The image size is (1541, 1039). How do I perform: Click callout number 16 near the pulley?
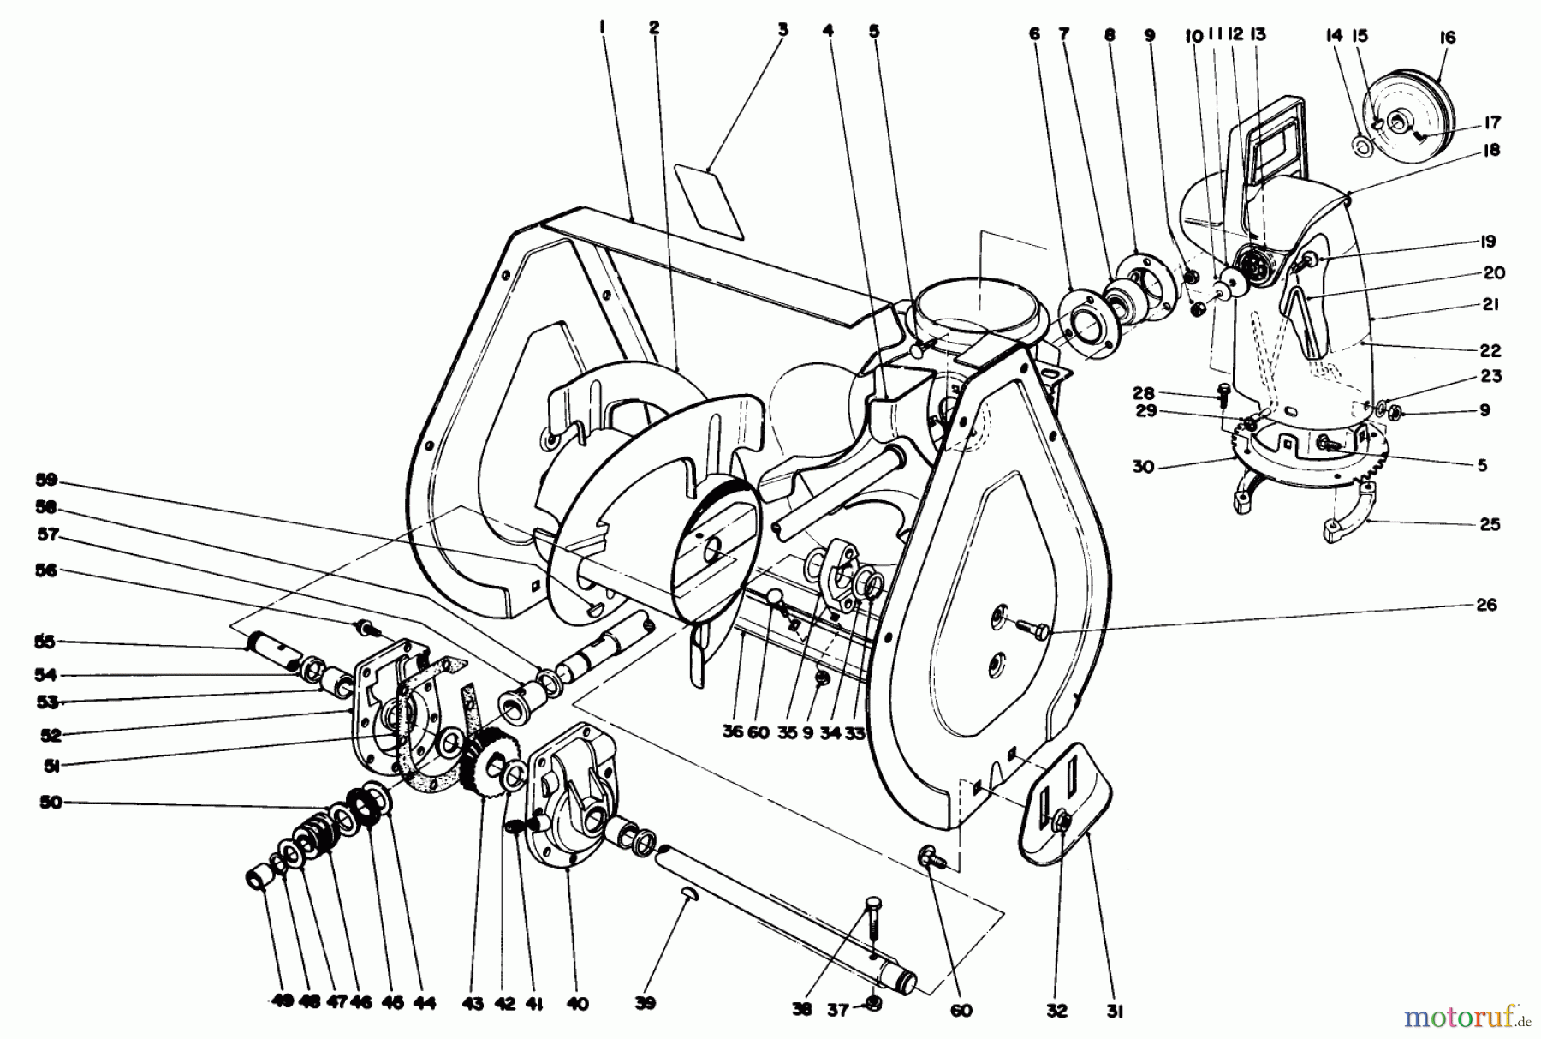(x=1448, y=38)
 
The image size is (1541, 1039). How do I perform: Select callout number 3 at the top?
(x=782, y=29)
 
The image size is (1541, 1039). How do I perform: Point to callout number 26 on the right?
(x=1486, y=605)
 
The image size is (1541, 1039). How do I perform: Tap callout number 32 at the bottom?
(x=1057, y=1012)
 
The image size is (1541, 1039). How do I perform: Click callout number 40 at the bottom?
(x=578, y=1004)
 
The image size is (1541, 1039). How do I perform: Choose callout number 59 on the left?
(x=46, y=479)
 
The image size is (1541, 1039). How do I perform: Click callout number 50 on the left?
(x=51, y=803)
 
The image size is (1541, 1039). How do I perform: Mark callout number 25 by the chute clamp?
(x=1490, y=524)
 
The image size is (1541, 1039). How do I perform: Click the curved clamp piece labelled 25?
(x=1348, y=515)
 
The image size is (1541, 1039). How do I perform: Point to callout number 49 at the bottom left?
(x=283, y=1003)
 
